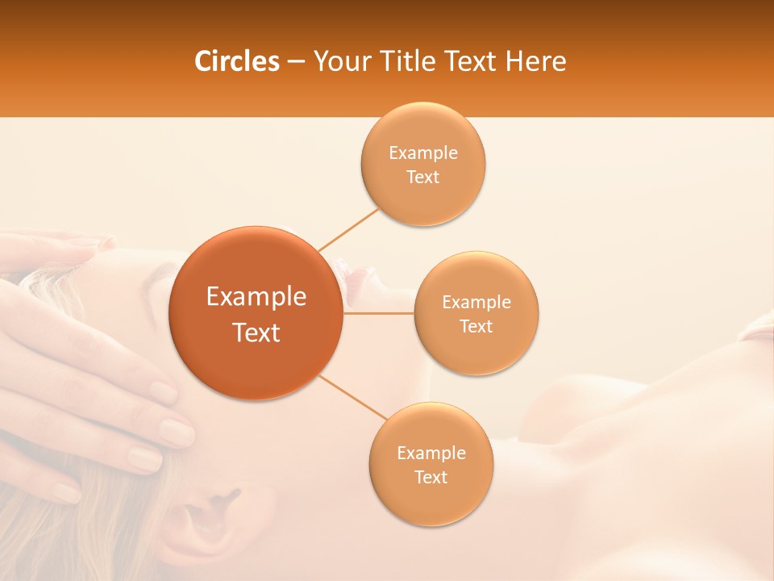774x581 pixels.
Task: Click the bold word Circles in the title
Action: (236, 61)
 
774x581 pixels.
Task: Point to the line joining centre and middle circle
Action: (379, 313)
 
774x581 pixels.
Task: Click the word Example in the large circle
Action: (256, 297)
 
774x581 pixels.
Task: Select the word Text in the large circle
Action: (256, 332)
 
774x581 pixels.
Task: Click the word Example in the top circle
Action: (423, 153)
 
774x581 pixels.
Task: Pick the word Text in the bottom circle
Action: (431, 477)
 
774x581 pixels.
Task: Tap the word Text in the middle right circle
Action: (476, 326)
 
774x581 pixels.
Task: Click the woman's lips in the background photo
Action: (355, 278)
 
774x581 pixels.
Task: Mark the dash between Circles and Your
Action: (296, 62)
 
